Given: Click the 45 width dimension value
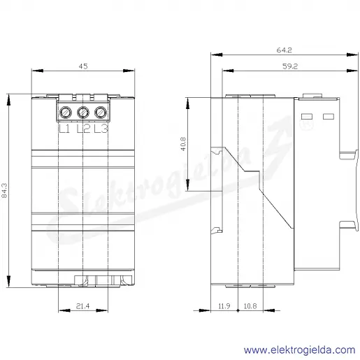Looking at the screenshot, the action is coord(83,66).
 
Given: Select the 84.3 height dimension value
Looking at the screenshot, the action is coord(4,190).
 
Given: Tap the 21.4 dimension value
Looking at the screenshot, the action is coord(82,305).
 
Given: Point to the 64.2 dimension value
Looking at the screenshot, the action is coord(284,50).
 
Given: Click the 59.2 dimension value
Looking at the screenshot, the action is coord(290,66).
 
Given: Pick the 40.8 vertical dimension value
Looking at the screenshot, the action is coord(183,144).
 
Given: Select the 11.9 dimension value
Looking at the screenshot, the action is coord(224,306).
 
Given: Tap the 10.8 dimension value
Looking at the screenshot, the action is coord(250,306).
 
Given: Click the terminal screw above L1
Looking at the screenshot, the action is coord(66,113).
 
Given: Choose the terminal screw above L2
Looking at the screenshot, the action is coord(83,113).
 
